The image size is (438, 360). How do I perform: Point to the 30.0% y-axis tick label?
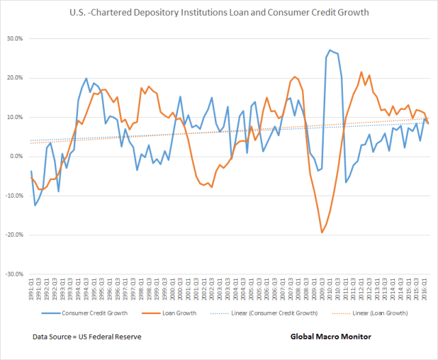pos(14,39)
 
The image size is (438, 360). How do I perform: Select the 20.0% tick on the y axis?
pos(14,78)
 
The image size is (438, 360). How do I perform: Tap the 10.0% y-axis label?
pos(14,117)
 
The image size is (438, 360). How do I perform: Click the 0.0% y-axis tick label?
pos(16,157)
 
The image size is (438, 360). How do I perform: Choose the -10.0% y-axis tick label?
pos(14,196)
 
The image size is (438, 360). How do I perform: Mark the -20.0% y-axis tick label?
pos(14,235)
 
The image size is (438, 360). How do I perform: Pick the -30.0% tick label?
pos(14,274)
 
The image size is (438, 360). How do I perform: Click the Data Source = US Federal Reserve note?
pos(88,337)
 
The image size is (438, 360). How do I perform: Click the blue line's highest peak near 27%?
pos(330,50)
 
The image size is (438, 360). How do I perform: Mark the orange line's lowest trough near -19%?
pos(322,233)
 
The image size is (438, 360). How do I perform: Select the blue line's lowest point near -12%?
pos(36,205)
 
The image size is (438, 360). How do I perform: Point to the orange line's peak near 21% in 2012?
pos(361,72)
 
